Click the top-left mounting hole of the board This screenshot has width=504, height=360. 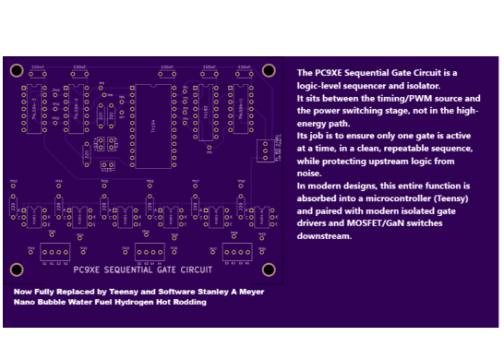click(16, 70)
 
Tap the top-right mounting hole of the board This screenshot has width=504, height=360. click(269, 70)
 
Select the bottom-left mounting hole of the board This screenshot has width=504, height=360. click(16, 269)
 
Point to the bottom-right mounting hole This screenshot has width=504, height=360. click(269, 269)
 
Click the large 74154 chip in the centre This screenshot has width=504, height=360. click(153, 126)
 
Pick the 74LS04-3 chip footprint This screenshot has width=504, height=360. click(34, 110)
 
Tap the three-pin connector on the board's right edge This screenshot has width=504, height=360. click(266, 150)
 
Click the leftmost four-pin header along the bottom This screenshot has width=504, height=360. click(54, 252)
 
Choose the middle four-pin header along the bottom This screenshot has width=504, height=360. click(149, 251)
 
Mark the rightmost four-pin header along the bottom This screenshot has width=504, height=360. click(236, 252)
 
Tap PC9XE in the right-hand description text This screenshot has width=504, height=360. click(330, 73)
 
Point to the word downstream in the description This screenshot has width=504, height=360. click(324, 236)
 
